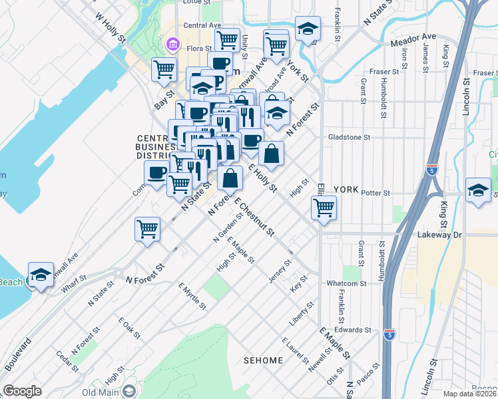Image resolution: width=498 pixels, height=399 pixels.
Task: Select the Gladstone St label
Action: tap(349, 137)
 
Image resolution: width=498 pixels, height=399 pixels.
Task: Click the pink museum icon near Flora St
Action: tap(173, 45)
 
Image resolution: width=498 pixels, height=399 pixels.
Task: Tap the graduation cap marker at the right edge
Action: tap(479, 190)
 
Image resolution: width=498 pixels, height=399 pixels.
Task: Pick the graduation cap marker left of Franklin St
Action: tap(308, 29)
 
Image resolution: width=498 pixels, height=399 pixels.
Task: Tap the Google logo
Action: tap(23, 391)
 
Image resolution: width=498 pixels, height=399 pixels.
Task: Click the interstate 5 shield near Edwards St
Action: tap(389, 336)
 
